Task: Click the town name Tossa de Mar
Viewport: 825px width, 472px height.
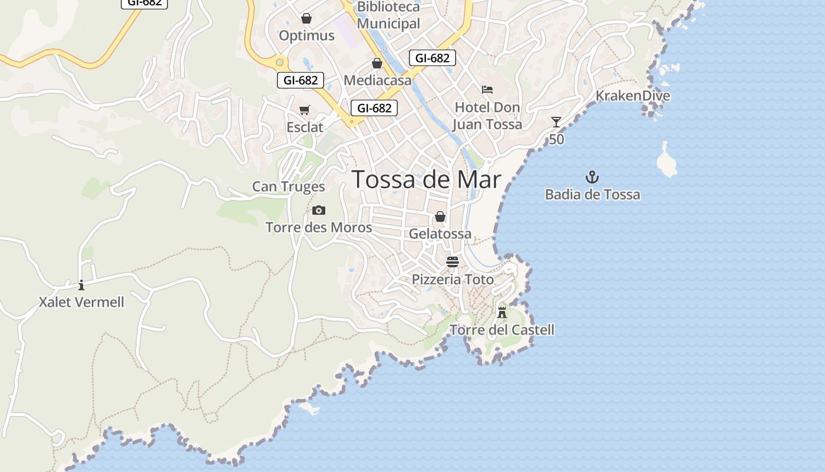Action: [x=427, y=180]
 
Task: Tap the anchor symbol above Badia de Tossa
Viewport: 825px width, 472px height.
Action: [x=592, y=177]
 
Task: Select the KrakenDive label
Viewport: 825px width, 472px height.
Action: [x=632, y=96]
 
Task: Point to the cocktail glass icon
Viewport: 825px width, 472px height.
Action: [x=556, y=122]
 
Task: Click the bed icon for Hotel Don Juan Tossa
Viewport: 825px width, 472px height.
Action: [x=487, y=90]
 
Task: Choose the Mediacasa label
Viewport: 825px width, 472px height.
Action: [x=377, y=80]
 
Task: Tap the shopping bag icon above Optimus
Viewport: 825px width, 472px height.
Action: [x=306, y=18]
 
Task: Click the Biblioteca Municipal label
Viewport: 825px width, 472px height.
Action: [x=388, y=15]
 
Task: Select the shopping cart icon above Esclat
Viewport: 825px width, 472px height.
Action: [x=305, y=110]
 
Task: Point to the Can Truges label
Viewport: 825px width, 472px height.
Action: [x=288, y=186]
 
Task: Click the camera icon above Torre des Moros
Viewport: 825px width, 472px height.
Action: [x=319, y=210]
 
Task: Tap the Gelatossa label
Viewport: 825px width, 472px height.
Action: [x=440, y=234]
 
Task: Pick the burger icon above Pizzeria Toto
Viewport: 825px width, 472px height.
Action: [x=453, y=262]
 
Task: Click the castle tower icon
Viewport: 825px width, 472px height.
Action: [x=502, y=312]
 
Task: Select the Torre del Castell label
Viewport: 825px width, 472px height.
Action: [x=501, y=330]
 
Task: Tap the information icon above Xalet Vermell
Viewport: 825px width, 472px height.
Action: [x=81, y=286]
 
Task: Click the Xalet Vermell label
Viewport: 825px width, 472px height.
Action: [x=81, y=302]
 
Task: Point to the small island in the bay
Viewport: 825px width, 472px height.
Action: [x=667, y=160]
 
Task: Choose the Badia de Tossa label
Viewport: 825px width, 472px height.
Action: [x=592, y=195]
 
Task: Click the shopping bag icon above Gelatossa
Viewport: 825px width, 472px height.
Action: [x=440, y=217]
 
